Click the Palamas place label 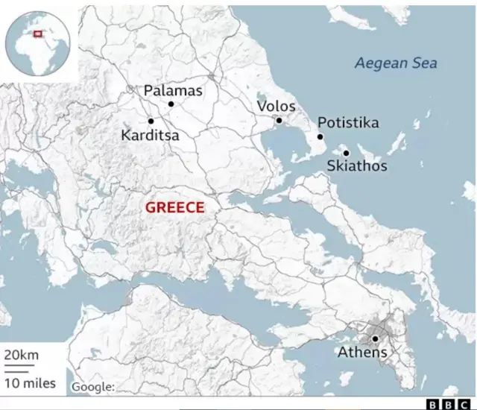pyautogui.click(x=172, y=90)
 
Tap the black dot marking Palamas pyautogui.click(x=171, y=104)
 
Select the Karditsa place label pyautogui.click(x=150, y=136)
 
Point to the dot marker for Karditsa pyautogui.click(x=151, y=121)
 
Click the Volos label pyautogui.click(x=276, y=106)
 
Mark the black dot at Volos pyautogui.click(x=279, y=120)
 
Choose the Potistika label pyautogui.click(x=348, y=123)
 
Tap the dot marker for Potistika pyautogui.click(x=320, y=136)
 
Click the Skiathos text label pyautogui.click(x=357, y=166)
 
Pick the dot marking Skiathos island pyautogui.click(x=346, y=153)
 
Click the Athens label pyautogui.click(x=362, y=353)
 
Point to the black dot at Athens pyautogui.click(x=376, y=338)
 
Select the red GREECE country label pyautogui.click(x=174, y=208)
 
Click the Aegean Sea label pyautogui.click(x=395, y=63)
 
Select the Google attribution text pyautogui.click(x=93, y=386)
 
